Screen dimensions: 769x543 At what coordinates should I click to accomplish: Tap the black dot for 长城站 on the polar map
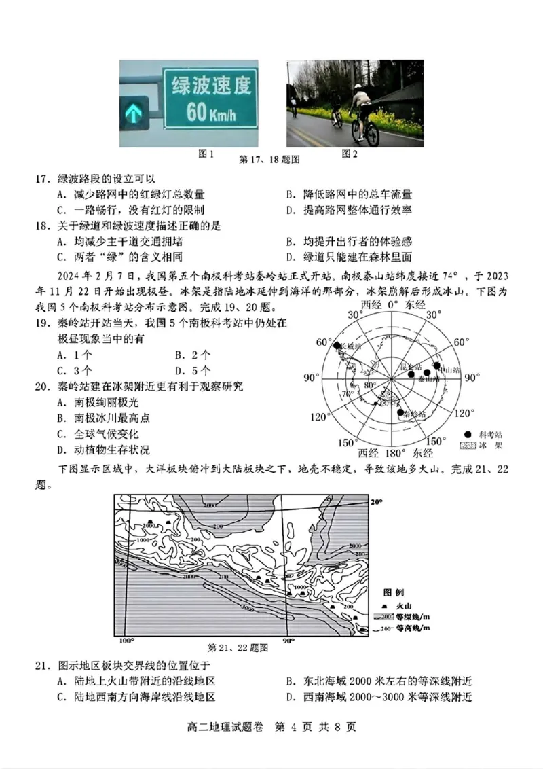point(337,346)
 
